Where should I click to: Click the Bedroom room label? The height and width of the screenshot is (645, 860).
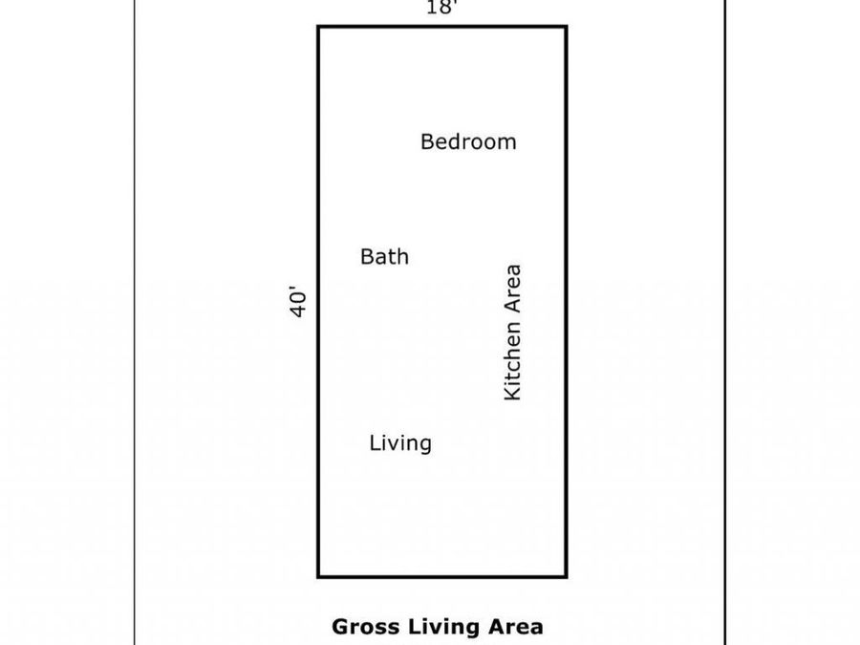[x=468, y=141]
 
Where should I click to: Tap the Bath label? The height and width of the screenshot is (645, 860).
[x=384, y=257]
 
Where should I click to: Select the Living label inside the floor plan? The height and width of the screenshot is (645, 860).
[x=400, y=443]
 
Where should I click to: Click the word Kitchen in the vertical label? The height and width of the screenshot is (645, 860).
[x=512, y=360]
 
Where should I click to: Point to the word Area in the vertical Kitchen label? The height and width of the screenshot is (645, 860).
[x=512, y=289]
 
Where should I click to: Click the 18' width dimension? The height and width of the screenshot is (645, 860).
[x=442, y=8]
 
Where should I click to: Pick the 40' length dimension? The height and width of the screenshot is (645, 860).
[x=298, y=301]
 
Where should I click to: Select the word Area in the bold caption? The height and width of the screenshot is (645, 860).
[x=516, y=626]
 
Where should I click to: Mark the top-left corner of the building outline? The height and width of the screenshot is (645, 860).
[x=318, y=27]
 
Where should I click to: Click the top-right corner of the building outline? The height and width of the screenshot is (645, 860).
[x=566, y=27]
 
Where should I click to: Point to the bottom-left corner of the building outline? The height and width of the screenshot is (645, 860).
[x=318, y=576]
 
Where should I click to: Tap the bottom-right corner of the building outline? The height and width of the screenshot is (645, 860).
[x=566, y=576]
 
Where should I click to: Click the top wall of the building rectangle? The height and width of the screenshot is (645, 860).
[x=442, y=27]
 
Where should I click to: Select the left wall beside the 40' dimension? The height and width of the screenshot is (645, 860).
[x=318, y=301]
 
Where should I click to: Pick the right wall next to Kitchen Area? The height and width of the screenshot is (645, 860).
[x=566, y=301]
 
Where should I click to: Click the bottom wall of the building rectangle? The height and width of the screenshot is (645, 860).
[x=442, y=576]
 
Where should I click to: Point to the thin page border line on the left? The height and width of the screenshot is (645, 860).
[x=135, y=323]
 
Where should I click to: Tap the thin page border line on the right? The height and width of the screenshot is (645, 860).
[x=725, y=323]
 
